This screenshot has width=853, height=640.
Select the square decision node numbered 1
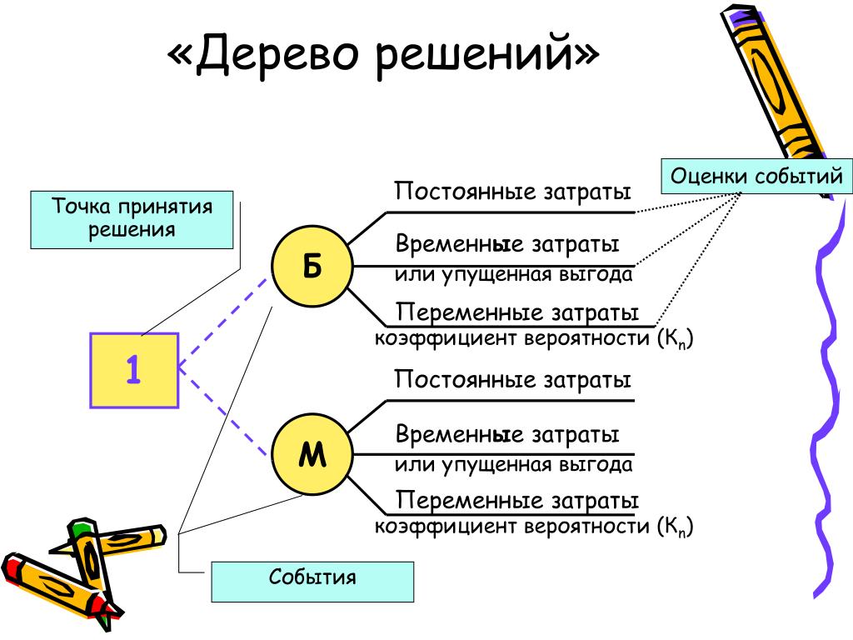tap(134, 370)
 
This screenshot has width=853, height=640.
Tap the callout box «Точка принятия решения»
tap(132, 219)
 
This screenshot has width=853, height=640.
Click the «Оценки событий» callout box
tap(756, 177)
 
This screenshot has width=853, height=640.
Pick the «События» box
tap(312, 581)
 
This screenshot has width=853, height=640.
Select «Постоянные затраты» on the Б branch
tap(513, 192)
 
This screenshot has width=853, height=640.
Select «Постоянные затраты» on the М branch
tap(513, 380)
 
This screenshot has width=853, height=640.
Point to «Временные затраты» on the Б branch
tap(507, 246)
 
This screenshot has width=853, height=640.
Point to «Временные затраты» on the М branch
tap(507, 435)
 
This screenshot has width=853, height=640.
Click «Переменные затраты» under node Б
tap(517, 312)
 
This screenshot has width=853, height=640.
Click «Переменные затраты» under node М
tap(517, 501)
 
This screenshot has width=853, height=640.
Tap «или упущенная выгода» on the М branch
tap(513, 464)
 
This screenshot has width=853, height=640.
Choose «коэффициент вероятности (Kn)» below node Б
tap(533, 339)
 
